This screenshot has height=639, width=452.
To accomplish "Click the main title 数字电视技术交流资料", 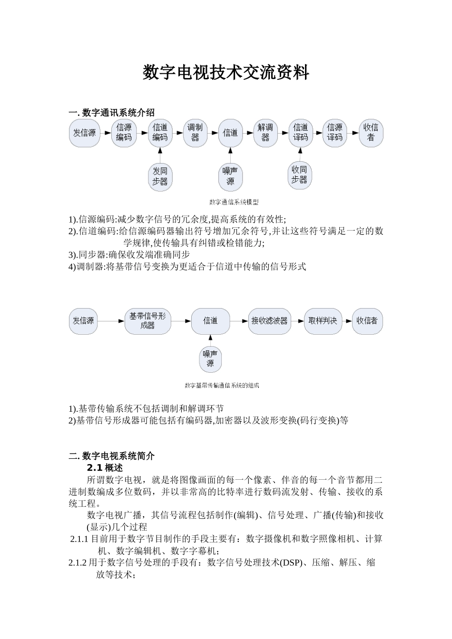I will click(x=226, y=73).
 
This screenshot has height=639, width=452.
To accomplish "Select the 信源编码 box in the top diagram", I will click(x=124, y=133).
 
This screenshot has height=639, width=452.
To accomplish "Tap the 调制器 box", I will click(x=195, y=133).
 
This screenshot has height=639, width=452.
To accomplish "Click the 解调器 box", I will click(x=265, y=133).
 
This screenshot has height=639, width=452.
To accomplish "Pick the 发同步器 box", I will click(x=160, y=176).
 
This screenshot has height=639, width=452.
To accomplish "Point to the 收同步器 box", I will click(x=300, y=175).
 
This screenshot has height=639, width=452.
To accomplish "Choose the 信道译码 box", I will click(x=300, y=133).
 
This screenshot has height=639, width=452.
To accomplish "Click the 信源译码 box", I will click(x=334, y=133).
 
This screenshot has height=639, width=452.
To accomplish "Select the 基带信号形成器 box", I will click(x=147, y=321).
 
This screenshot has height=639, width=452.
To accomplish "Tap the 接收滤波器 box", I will click(x=269, y=321).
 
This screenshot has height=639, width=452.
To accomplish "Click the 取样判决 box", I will click(x=323, y=321).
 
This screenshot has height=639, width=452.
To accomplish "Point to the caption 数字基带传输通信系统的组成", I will click(x=222, y=386).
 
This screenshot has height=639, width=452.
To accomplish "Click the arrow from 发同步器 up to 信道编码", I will click(x=160, y=155).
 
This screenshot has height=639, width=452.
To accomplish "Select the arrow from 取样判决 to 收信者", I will click(x=347, y=321).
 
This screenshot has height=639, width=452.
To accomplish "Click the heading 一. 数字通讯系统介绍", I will click(x=111, y=113).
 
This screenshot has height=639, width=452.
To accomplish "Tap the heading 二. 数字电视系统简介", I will click(x=111, y=456).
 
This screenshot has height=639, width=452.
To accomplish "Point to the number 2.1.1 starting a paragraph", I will click(x=79, y=539).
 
